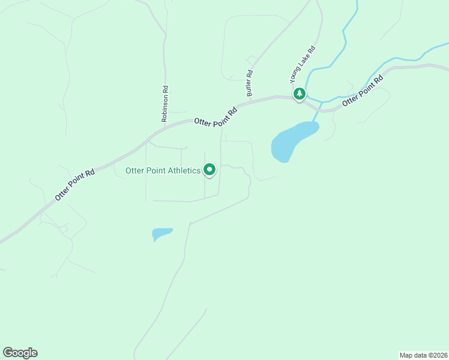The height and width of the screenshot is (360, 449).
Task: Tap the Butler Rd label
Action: (250, 83)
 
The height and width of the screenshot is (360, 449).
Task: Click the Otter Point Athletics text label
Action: (163, 170)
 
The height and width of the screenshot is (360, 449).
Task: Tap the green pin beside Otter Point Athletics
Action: (209, 170)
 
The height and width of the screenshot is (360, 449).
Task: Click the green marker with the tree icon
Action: (299, 94)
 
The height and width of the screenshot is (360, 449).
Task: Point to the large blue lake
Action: (292, 140)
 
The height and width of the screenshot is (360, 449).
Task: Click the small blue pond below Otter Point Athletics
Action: (161, 233)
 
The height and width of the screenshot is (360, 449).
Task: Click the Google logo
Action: (20, 353)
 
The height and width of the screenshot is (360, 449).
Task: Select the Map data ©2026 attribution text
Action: (423, 355)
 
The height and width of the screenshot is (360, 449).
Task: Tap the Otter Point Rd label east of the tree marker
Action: (363, 91)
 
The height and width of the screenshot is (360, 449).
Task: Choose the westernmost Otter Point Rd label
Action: (75, 184)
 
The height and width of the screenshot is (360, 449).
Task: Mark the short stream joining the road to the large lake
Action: (318, 113)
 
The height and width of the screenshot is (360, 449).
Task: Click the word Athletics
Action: (182, 170)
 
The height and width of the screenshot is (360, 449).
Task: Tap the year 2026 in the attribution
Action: (439, 355)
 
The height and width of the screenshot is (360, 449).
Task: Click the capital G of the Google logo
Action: (8, 352)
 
